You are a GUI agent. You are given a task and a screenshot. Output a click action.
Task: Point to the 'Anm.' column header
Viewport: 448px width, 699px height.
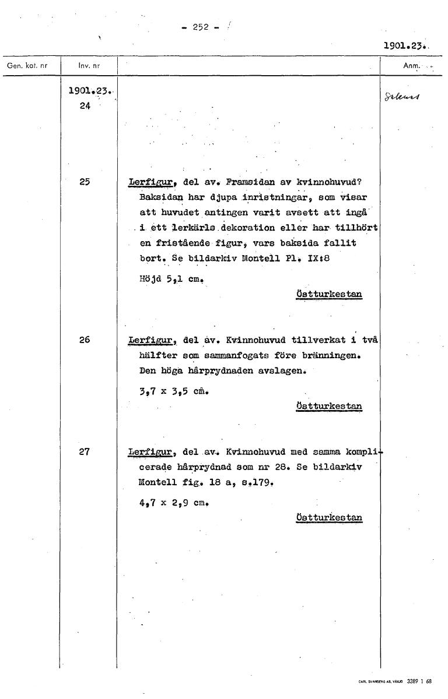coord(412,66)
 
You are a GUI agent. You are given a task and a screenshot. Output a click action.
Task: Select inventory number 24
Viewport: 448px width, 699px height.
coord(85,106)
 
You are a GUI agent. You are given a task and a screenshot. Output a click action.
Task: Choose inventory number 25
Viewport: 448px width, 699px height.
coord(85,181)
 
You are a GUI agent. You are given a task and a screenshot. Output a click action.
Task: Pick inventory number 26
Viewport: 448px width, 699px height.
coord(85,340)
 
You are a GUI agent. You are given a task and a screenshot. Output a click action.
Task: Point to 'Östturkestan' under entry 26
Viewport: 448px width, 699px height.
coord(329,406)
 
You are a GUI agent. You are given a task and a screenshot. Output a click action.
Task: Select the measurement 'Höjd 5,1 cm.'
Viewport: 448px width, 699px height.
coord(166,278)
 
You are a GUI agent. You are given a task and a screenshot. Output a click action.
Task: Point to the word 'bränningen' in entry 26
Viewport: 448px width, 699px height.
coord(328,355)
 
